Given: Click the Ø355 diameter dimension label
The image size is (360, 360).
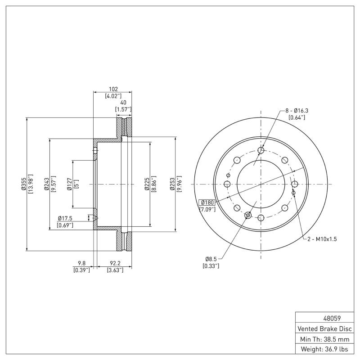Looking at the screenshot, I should (x=23, y=184).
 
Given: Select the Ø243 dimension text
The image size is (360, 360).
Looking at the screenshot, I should (x=46, y=184).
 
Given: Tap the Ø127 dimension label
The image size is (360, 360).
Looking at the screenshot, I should (x=69, y=184).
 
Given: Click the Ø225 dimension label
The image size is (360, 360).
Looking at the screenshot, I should (x=147, y=184).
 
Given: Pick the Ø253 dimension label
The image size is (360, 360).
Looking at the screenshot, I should (x=172, y=184).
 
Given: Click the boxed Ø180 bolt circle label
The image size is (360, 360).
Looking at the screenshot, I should (x=208, y=202).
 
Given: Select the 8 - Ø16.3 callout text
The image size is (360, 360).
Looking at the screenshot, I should (x=297, y=110).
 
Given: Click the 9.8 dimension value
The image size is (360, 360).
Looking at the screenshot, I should (x=81, y=264).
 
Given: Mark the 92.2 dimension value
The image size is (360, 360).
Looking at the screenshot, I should (x=113, y=264).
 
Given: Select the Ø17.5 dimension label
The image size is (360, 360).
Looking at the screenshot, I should (x=65, y=218).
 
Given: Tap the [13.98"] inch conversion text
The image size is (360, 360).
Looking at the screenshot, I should (x=31, y=184).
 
